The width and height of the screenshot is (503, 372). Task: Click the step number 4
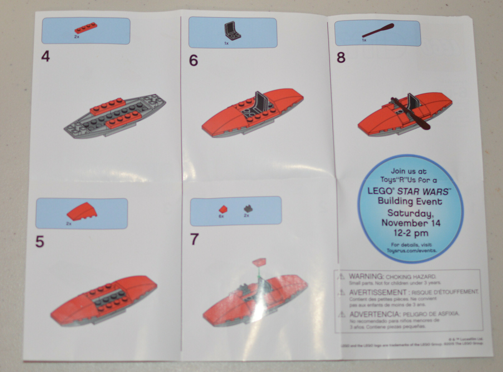46,57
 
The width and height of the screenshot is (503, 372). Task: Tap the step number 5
40,242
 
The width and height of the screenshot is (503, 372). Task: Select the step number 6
193,60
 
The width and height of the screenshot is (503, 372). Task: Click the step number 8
341,58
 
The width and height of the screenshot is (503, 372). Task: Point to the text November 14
411,223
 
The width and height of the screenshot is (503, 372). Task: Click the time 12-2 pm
411,233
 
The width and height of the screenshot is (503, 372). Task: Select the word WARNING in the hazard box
366,276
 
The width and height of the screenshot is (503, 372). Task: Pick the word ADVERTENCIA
374,314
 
